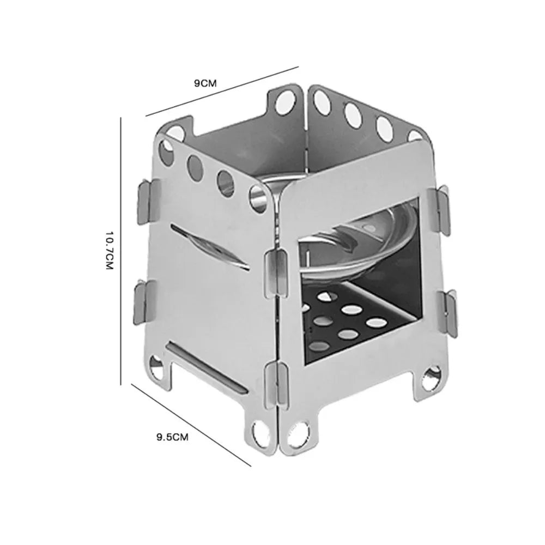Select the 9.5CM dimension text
pos(172,437)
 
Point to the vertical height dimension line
pos(120,251)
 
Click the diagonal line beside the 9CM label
pos(222,91)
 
